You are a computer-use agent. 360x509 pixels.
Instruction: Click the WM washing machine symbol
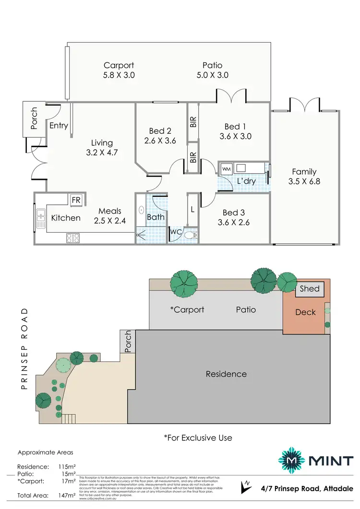(x=226, y=168)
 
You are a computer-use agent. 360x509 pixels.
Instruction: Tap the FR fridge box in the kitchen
(x=76, y=200)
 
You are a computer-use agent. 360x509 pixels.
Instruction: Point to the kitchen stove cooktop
(x=72, y=237)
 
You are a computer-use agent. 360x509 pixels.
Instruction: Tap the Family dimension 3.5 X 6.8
(x=304, y=181)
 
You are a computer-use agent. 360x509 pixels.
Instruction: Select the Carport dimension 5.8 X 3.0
(x=119, y=75)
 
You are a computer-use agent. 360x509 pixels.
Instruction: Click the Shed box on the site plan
(x=310, y=289)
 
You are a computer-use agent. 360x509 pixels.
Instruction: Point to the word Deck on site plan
(x=305, y=312)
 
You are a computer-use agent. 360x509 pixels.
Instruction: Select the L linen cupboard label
(x=192, y=210)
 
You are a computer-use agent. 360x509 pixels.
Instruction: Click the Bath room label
(x=156, y=217)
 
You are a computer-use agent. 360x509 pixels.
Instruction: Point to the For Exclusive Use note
(x=198, y=438)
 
